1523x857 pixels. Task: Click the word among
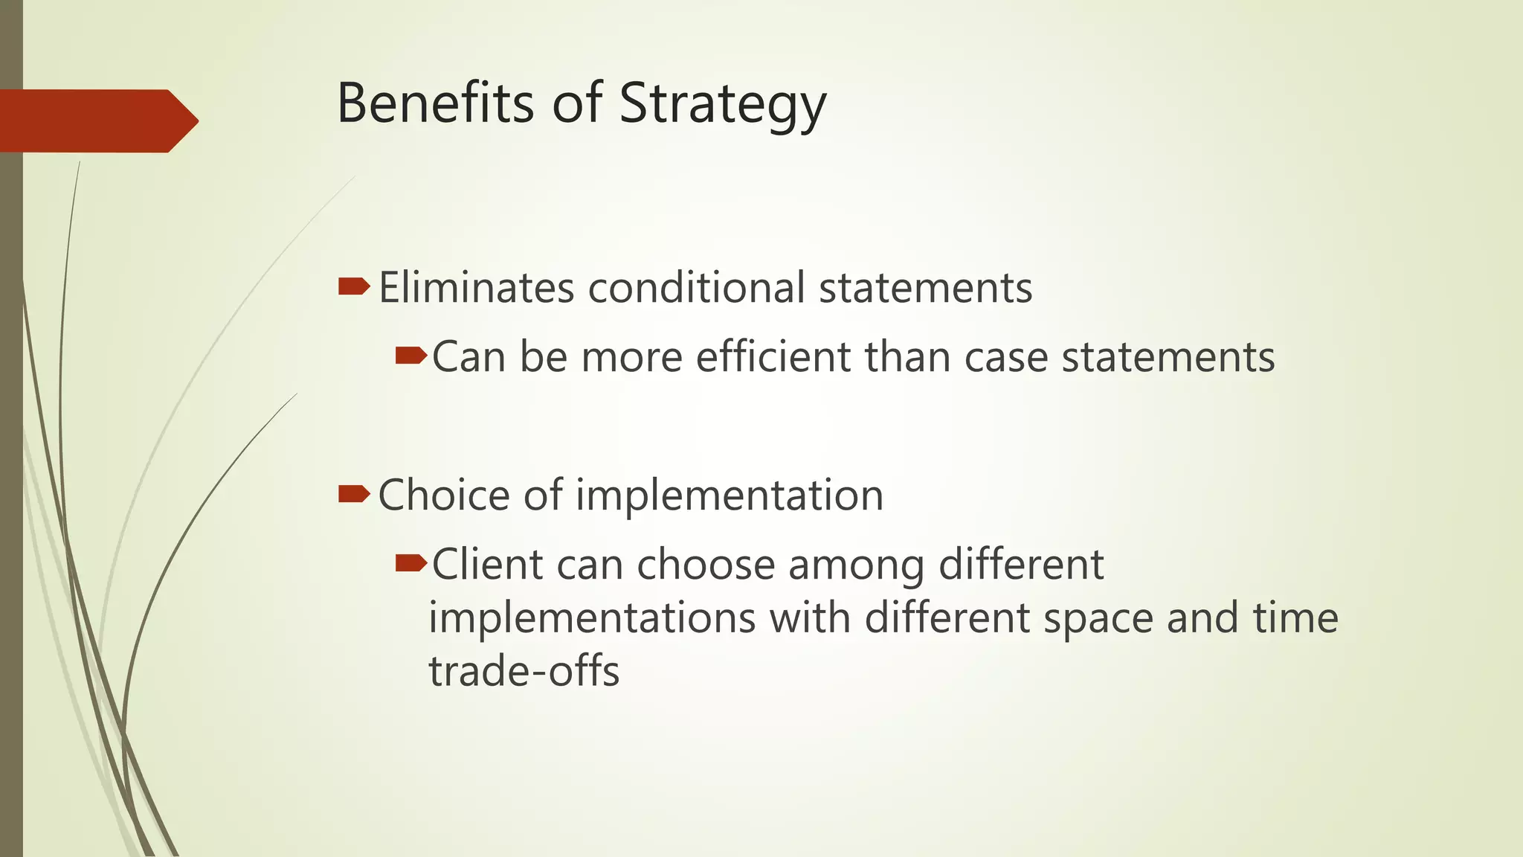856,565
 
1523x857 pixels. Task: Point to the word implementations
592,618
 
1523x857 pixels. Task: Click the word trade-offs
524,671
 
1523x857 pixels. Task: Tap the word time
1295,618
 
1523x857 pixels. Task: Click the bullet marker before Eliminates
354,286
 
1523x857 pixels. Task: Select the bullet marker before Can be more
410,356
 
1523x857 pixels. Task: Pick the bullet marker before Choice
354,494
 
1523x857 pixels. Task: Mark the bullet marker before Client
410,563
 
